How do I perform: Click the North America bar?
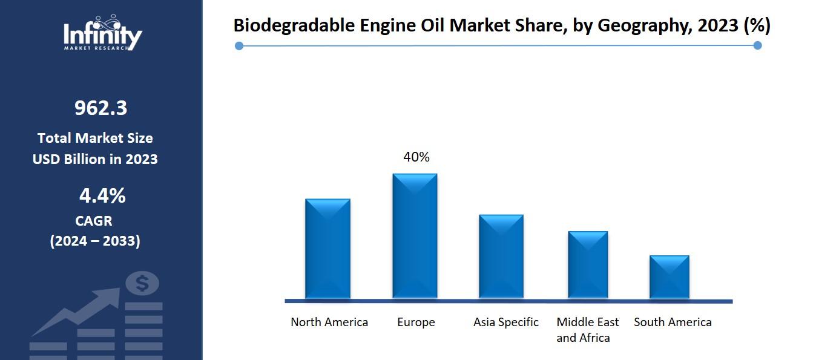[327, 249]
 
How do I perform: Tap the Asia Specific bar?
[501, 257]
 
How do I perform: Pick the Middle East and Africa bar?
[588, 265]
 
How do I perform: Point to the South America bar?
[670, 277]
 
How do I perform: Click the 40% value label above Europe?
[416, 157]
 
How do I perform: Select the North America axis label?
[329, 322]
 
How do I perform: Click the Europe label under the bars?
[416, 322]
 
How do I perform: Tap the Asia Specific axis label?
[506, 322]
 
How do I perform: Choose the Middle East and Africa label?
[588, 330]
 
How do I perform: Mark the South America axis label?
[673, 322]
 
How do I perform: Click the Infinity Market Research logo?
[103, 34]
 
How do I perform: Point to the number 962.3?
[101, 108]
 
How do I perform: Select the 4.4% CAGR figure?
[102, 196]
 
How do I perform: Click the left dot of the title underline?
[239, 46]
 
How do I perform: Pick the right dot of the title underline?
[757, 45]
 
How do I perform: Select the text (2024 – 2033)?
[95, 241]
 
